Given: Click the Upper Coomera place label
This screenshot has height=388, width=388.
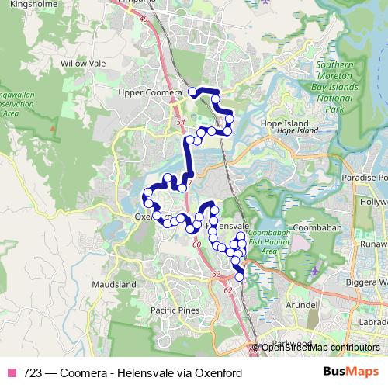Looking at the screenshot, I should click(x=151, y=93).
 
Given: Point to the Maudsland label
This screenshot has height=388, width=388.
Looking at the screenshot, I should click(x=113, y=286).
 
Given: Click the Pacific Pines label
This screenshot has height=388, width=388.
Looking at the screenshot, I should click(x=175, y=310).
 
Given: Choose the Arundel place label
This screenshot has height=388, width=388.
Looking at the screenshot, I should click(x=301, y=305).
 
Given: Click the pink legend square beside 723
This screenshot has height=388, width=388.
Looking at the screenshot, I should click(x=12, y=372).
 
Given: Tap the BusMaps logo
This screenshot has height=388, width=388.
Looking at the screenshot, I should click(x=352, y=372).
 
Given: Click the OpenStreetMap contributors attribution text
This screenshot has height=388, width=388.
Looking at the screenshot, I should click(x=320, y=347).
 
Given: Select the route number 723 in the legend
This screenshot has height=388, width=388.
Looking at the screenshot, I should click(x=32, y=372).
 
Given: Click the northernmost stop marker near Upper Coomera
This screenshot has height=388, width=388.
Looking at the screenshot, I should click(x=192, y=92).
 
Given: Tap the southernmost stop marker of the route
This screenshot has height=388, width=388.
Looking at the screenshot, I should click(x=239, y=277).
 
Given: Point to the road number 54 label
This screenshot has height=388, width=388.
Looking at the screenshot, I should click(x=182, y=123).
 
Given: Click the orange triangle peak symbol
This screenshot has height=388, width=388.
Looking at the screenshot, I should click(x=52, y=125).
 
